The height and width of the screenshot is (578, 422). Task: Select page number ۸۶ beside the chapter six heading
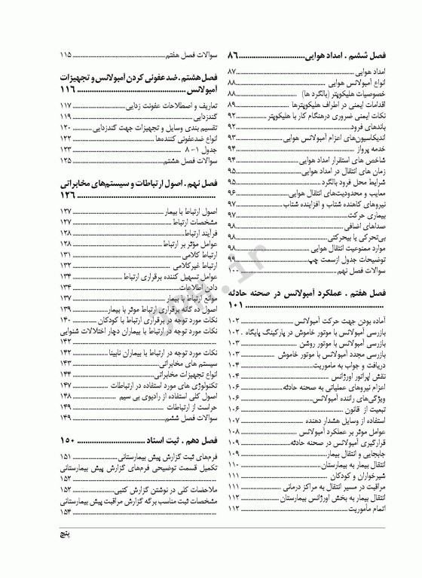click(x=234, y=56)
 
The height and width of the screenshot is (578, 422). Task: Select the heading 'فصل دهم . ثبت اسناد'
click(x=165, y=440)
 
